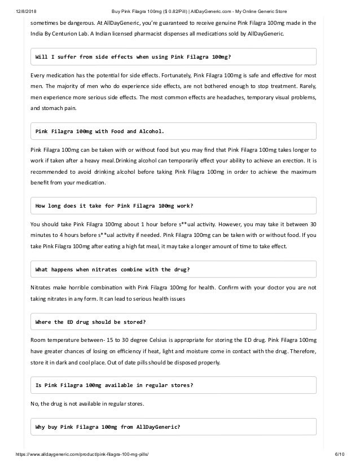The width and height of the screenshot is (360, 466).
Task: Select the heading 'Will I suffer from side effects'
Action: pos(133,57)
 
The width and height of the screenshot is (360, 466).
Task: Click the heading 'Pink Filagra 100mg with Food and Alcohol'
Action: pos(100,131)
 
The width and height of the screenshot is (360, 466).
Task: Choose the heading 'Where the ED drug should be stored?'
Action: pos(91,322)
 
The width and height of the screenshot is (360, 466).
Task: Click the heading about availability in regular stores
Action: pos(114,385)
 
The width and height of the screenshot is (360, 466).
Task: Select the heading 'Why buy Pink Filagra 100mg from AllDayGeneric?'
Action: pos(108,427)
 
